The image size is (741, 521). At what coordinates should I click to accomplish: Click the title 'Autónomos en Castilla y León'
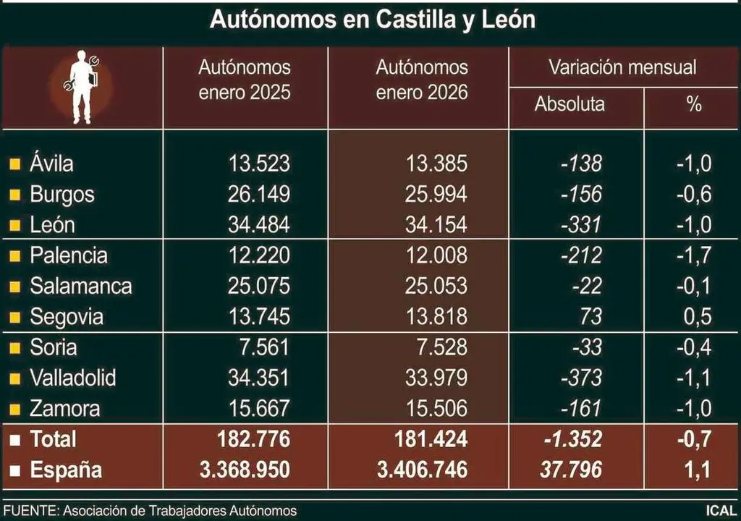point(372,20)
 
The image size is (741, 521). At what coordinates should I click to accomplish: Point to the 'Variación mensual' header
point(622,68)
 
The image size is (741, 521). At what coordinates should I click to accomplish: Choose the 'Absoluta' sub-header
point(569,104)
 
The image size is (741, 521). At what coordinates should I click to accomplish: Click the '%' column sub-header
point(693,104)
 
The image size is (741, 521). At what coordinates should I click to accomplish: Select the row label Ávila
point(51,164)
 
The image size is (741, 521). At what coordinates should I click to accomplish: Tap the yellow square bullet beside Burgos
point(14,195)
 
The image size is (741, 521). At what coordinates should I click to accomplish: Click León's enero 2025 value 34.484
point(259,225)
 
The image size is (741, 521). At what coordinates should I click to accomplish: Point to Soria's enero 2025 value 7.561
point(266,347)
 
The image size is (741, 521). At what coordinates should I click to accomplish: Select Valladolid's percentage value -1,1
point(693,378)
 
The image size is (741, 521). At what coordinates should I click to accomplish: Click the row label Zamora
point(64,409)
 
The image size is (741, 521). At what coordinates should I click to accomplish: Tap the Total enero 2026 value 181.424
point(425,439)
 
